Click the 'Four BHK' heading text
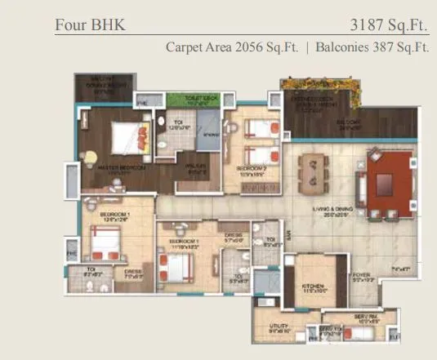pyautogui.click(x=90, y=24)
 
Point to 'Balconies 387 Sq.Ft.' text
pyautogui.click(x=372, y=47)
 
